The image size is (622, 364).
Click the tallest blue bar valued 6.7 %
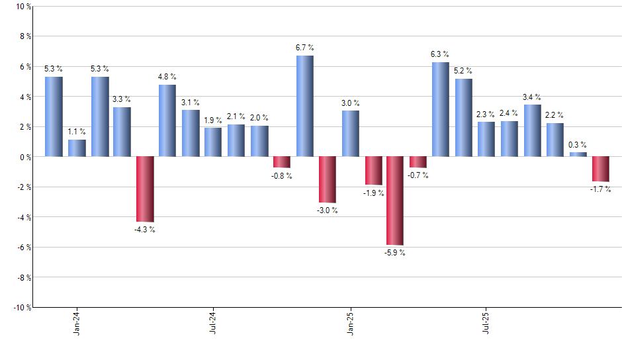[304, 106]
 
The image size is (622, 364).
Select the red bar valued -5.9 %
[396, 201]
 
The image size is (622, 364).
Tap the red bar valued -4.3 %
[145, 189]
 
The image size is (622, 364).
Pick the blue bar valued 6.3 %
[441, 109]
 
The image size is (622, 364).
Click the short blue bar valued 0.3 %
[578, 154]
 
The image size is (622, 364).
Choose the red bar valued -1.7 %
[601, 169]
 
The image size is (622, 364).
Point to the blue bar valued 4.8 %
[167, 120]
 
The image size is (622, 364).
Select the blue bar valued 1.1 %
[77, 148]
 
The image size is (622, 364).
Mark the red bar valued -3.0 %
[328, 179]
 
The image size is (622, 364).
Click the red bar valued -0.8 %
[282, 162]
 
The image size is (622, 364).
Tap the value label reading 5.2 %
[463, 71]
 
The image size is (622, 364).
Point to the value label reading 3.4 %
[532, 97]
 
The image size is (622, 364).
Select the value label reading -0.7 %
[418, 175]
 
